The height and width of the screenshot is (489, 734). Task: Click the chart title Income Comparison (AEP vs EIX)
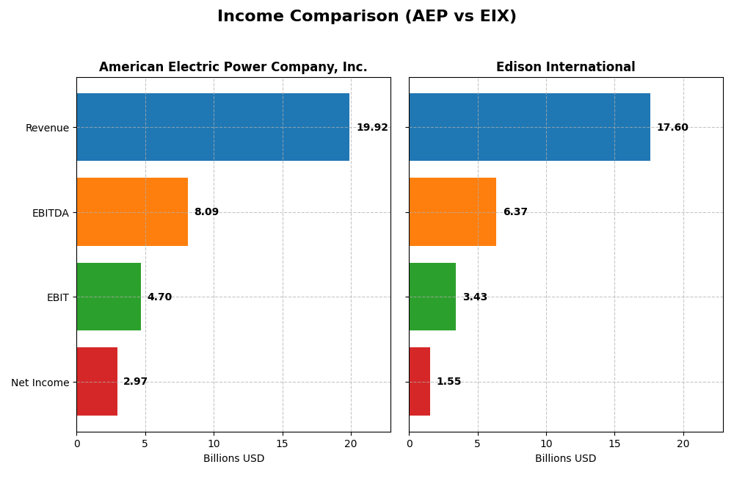point(366,17)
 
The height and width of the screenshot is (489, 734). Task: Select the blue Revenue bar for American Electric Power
point(213,127)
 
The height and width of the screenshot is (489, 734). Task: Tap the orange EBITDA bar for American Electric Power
point(132,211)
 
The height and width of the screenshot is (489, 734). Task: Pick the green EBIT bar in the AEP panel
point(109,297)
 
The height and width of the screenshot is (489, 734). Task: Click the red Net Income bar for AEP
point(97,381)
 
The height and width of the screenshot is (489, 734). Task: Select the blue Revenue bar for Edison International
point(529,127)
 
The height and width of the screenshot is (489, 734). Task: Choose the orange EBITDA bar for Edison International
point(452,211)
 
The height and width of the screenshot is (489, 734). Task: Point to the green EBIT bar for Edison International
point(432,297)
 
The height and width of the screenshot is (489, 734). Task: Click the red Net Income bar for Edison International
point(419,381)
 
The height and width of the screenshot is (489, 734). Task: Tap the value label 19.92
point(372,128)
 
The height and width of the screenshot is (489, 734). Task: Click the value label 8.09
point(206,212)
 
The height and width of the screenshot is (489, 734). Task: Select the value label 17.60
point(672,128)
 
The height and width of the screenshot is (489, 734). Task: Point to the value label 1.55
point(448,382)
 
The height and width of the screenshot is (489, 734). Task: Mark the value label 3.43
point(475,297)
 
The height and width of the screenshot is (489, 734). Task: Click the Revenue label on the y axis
point(47,128)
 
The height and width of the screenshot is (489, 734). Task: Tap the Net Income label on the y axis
point(40,383)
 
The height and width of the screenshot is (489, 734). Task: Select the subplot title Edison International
point(565,68)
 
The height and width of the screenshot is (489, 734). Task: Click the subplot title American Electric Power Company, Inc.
point(233,68)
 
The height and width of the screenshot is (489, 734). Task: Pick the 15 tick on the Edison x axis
point(614,443)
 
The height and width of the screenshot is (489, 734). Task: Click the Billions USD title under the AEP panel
point(233,458)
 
